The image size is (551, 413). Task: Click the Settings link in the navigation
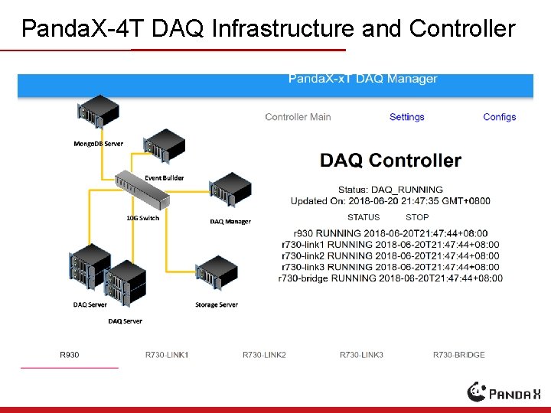(406, 117)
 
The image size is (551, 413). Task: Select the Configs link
(499, 117)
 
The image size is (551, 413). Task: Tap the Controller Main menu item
(298, 117)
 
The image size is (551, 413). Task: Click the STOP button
(417, 217)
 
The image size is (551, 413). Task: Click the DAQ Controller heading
(390, 161)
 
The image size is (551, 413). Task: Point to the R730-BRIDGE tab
(458, 355)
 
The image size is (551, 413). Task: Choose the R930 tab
(70, 355)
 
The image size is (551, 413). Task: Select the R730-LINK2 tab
(264, 355)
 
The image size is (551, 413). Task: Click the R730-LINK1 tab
(167, 355)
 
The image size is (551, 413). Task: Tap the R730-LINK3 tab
(361, 355)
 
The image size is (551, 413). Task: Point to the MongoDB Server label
(98, 144)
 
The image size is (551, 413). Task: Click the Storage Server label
(217, 304)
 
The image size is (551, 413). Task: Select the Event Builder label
(165, 177)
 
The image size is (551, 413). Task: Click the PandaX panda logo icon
(478, 391)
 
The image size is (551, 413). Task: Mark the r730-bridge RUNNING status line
(390, 278)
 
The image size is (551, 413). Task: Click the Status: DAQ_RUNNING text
(390, 190)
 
